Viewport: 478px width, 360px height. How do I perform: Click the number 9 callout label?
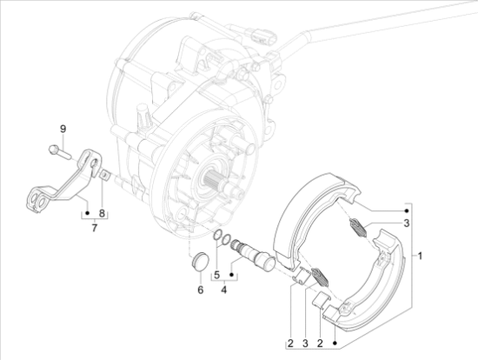click(63, 129)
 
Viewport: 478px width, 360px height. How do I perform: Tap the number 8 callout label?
click(102, 213)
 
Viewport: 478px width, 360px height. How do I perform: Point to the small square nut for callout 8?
click(104, 176)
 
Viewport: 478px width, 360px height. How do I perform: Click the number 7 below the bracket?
click(94, 228)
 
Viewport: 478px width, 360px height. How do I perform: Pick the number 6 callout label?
click(200, 290)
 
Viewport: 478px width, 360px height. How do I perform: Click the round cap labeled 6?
click(200, 261)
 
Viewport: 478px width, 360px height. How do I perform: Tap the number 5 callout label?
click(216, 275)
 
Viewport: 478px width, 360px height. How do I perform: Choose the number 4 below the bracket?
click(224, 290)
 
